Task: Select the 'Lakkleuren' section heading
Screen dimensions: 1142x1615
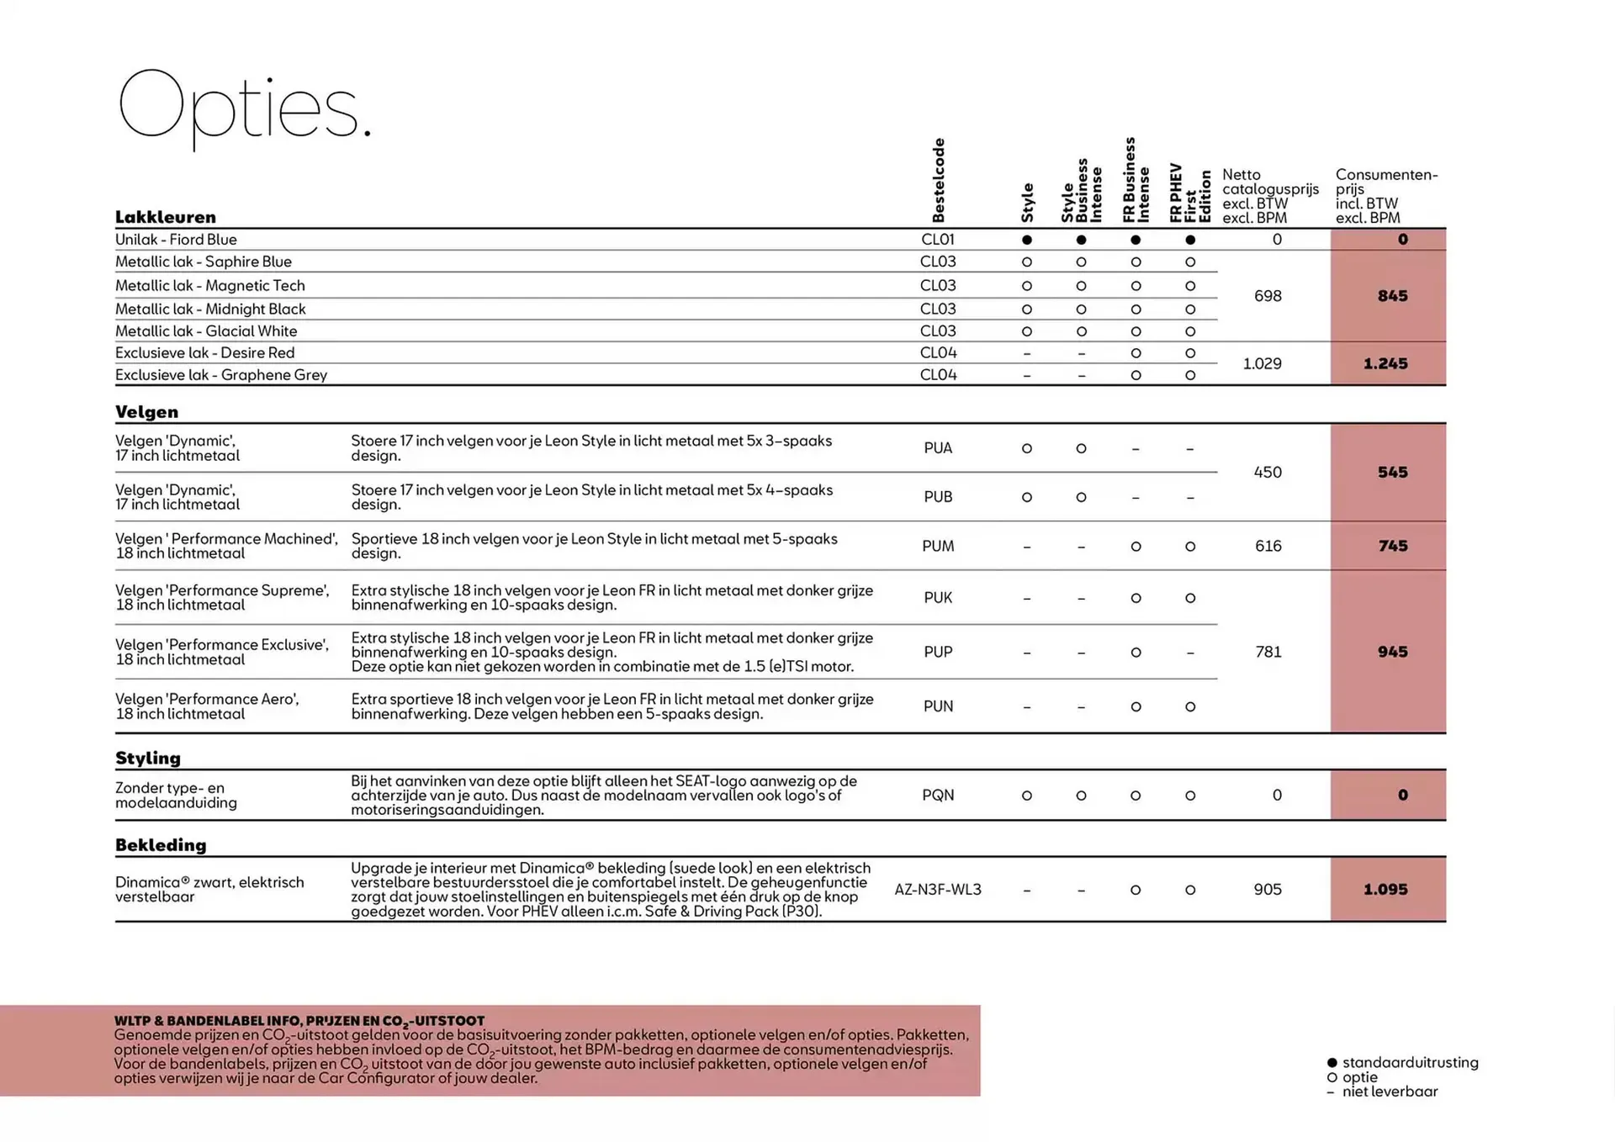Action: coord(166,217)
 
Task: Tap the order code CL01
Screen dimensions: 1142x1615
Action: coord(938,240)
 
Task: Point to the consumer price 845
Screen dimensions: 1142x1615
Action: coord(1392,296)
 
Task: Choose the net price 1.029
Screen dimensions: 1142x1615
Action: coord(1262,364)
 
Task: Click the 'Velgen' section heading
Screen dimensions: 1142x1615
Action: coord(147,412)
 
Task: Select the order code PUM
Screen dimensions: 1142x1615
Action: coord(938,547)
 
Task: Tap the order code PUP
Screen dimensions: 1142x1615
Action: coord(938,653)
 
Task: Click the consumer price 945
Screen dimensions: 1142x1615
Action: coord(1392,652)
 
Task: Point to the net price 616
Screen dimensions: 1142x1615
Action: coord(1268,547)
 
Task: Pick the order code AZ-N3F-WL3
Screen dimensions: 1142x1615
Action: coord(938,890)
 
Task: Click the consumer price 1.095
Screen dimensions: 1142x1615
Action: coord(1385,890)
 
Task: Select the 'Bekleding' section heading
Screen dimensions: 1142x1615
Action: coord(161,845)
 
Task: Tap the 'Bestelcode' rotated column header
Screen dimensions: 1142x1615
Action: coord(939,180)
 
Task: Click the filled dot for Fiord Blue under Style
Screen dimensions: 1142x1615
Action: coord(1026,241)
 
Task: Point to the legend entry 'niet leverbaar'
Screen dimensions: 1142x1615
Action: coord(1390,1092)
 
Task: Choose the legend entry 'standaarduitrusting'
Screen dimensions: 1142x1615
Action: coord(1410,1063)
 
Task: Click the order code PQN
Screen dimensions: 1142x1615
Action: coord(938,796)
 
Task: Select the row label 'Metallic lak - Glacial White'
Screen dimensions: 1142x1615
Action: coord(206,331)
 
